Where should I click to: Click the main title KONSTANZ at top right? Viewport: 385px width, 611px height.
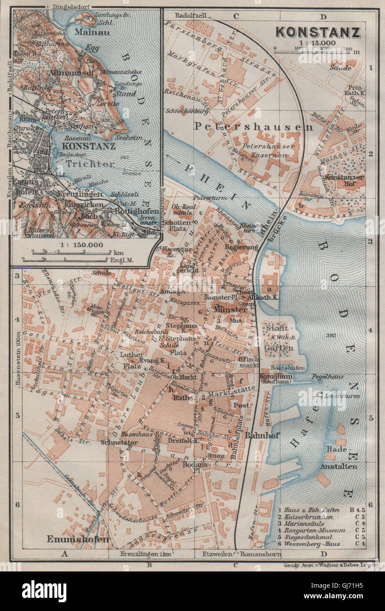(318, 33)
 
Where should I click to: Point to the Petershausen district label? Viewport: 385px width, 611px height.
(254, 127)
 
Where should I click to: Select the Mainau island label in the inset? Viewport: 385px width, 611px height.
(87, 32)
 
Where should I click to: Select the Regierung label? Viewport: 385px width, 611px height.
(241, 247)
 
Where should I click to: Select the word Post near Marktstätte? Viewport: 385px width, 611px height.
(241, 405)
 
